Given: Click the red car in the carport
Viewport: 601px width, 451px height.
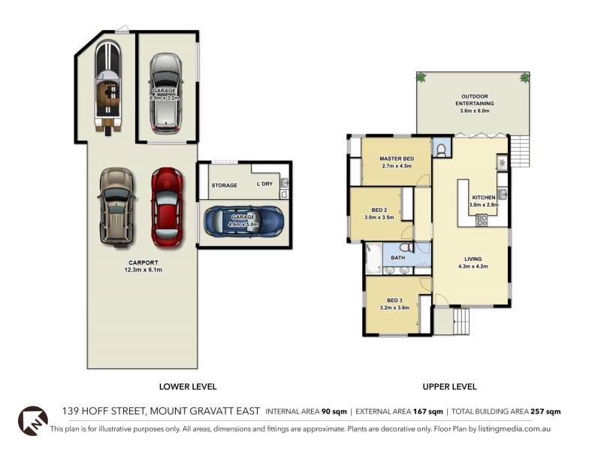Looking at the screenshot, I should [x=167, y=207].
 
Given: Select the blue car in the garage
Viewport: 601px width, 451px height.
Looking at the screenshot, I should [x=243, y=219].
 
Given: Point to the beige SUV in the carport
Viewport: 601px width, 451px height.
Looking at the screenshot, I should [x=116, y=207].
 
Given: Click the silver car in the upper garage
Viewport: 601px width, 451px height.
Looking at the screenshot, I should [x=164, y=92].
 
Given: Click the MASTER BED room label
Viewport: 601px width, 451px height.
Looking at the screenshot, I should [x=396, y=159].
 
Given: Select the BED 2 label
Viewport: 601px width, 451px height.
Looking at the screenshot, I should [x=379, y=210].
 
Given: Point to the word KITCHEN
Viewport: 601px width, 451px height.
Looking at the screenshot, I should [x=483, y=197].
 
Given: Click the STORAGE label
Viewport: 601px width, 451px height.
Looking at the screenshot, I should [x=224, y=185].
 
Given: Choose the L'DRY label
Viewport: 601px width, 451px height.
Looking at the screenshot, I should [x=264, y=185].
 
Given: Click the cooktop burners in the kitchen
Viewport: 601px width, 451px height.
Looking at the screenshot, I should [x=482, y=220].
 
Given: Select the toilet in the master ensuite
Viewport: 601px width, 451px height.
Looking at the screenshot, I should [x=441, y=150].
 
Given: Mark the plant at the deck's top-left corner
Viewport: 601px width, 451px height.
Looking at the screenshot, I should [x=421, y=77].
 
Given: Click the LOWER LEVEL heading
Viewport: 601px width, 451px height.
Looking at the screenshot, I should [x=187, y=386].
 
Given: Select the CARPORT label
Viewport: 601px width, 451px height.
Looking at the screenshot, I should [x=142, y=262].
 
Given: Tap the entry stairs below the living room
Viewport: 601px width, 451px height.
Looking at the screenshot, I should [x=452, y=323].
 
